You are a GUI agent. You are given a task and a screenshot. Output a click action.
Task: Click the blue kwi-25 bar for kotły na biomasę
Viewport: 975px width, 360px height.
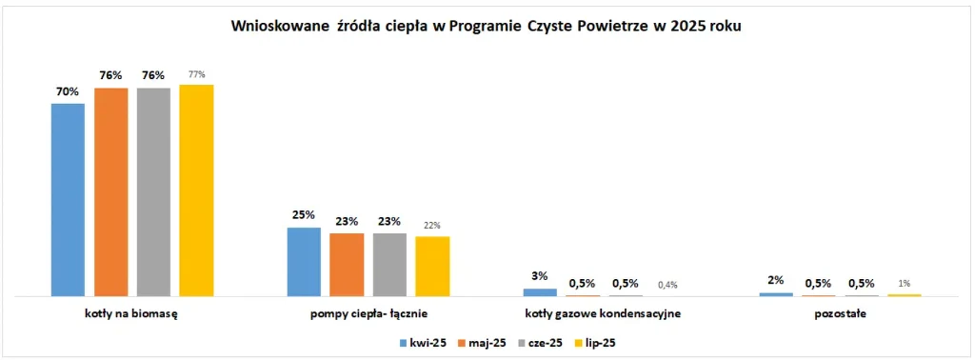68,199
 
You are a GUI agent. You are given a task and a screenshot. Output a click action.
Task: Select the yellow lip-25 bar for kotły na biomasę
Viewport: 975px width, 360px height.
196,190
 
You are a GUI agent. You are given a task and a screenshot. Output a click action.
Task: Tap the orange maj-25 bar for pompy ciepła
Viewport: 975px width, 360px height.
347,264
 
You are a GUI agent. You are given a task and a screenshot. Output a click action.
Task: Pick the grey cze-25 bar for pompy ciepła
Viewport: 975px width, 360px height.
389,264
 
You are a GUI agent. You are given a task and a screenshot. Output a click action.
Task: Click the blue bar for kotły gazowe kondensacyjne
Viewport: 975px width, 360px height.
540,291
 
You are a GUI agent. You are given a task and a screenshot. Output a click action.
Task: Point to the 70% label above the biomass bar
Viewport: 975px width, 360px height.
67,92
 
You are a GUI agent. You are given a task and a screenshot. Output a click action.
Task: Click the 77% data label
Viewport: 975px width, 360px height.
196,75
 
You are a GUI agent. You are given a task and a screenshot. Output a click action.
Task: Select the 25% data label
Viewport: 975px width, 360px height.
304,216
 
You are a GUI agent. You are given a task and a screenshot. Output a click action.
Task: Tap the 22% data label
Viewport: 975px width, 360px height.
432,226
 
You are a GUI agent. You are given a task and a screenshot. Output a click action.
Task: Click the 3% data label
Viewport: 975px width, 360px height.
540,277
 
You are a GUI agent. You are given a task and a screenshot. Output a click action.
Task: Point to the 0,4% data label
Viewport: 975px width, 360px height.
668,284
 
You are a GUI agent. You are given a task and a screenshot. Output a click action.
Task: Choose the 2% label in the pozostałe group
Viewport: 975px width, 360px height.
776,280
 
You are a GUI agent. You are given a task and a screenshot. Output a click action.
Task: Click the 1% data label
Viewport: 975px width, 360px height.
905,283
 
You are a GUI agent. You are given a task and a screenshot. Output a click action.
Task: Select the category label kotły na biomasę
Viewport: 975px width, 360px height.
132,312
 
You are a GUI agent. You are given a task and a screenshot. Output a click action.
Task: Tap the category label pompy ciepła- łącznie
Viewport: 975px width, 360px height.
368,312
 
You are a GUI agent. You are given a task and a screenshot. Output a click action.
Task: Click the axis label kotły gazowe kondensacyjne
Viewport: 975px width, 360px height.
604,312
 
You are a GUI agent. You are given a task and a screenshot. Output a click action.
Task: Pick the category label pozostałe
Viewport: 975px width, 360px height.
840,312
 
